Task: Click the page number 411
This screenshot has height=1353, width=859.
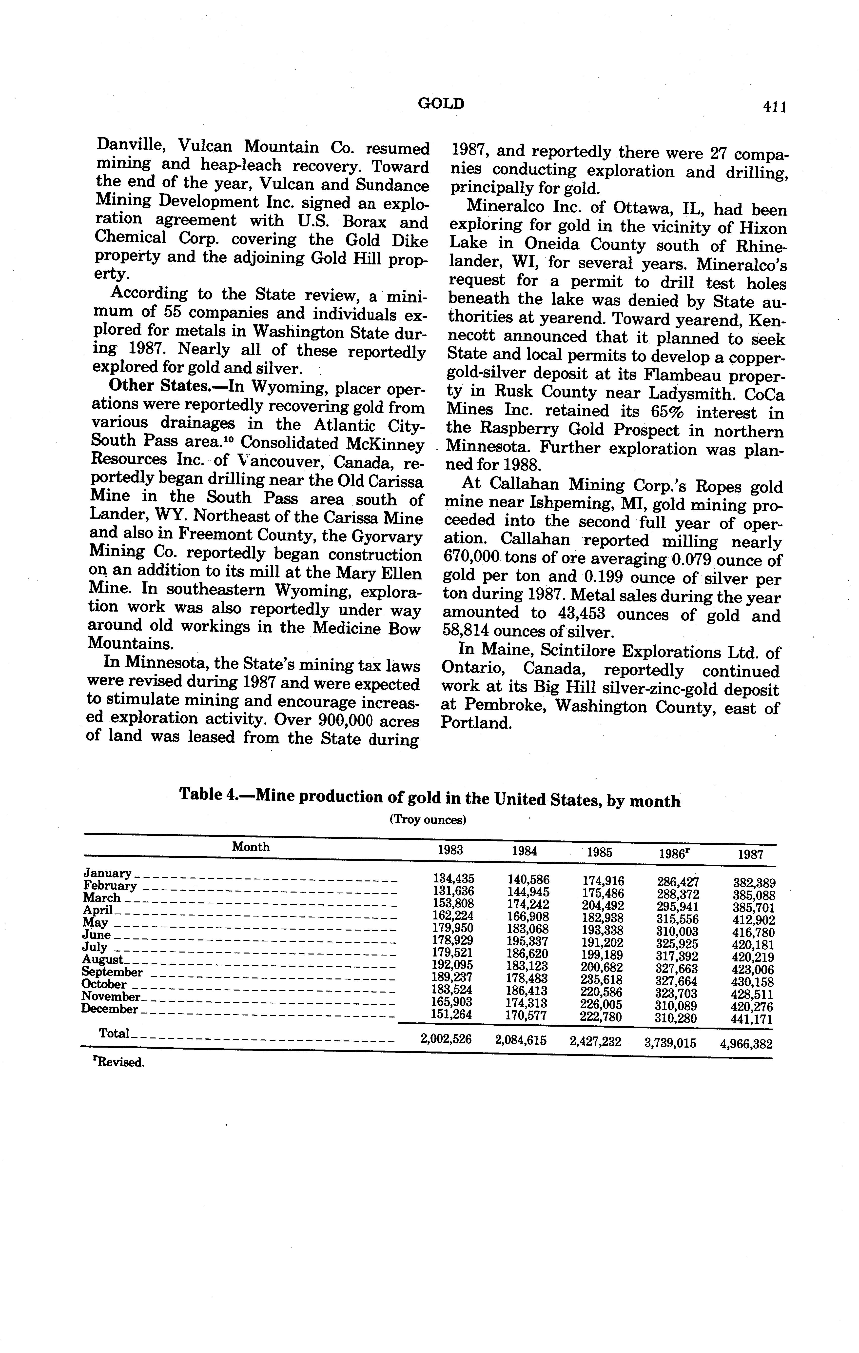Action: coord(774,107)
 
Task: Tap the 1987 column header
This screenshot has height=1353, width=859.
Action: coord(750,855)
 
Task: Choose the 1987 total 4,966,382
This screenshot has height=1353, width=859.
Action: coord(746,1044)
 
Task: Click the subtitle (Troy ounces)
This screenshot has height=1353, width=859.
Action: coord(428,820)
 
